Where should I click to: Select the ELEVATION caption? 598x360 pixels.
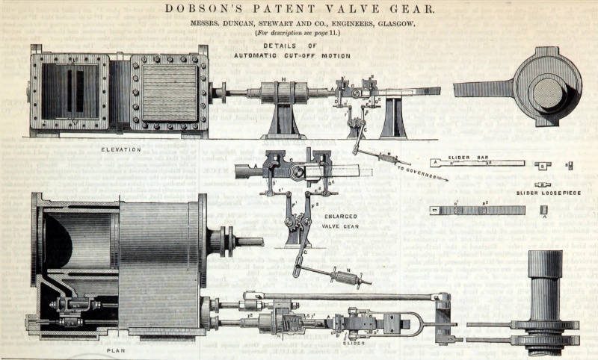(120, 149)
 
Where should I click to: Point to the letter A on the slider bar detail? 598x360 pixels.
(434, 161)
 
